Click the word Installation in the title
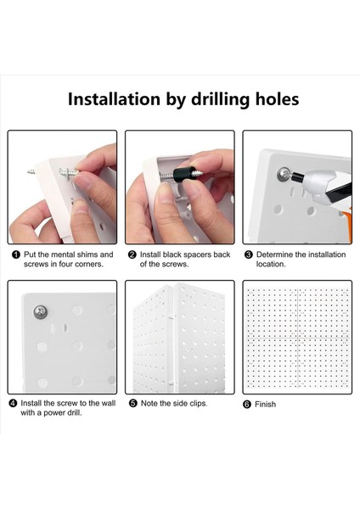pos(114,98)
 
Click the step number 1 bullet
pos(15,255)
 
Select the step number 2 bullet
pos(132,255)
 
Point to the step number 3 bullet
pos(249,255)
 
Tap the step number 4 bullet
pos(13,404)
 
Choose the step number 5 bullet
pos(133,404)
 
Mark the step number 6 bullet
pos(247,405)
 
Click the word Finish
pos(266,405)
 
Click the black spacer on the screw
pos(182,174)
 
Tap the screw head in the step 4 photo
pos(41,312)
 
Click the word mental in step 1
pos(63,255)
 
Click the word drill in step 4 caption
pos(75,413)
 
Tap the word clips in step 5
pos(198,404)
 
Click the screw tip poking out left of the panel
pos(31,171)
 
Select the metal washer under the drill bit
pos(284,175)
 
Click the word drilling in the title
pos(221,99)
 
